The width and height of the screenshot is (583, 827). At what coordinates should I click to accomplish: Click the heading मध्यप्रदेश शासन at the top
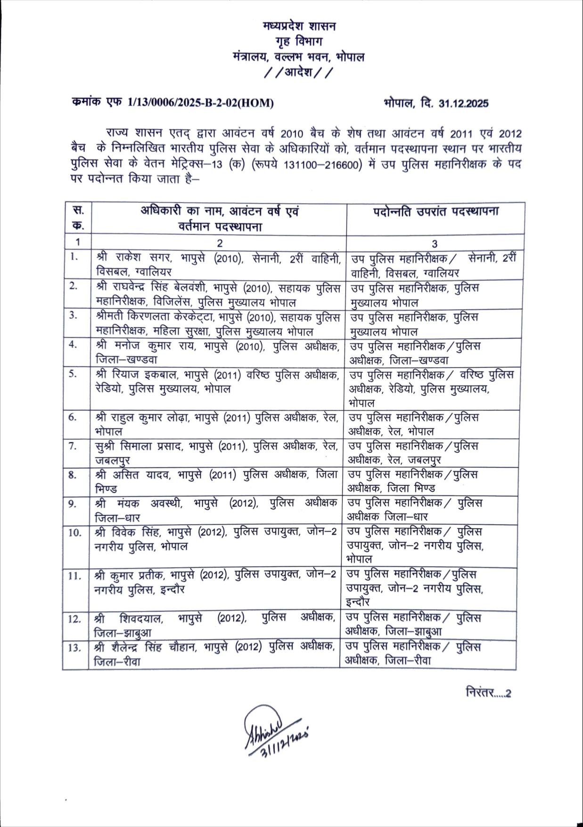point(299,26)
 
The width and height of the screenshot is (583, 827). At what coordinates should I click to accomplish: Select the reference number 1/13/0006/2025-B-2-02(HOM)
point(200,103)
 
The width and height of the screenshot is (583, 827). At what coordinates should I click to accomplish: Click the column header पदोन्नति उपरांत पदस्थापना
point(435,211)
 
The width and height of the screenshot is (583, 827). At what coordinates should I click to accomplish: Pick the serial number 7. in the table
point(73,446)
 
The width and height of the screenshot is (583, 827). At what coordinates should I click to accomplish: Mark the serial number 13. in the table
point(74,647)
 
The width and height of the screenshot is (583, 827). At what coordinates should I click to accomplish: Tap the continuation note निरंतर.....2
point(488,693)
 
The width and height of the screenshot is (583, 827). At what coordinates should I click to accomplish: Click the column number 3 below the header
point(435,243)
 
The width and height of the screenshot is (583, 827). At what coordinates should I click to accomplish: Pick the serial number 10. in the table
point(74,532)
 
